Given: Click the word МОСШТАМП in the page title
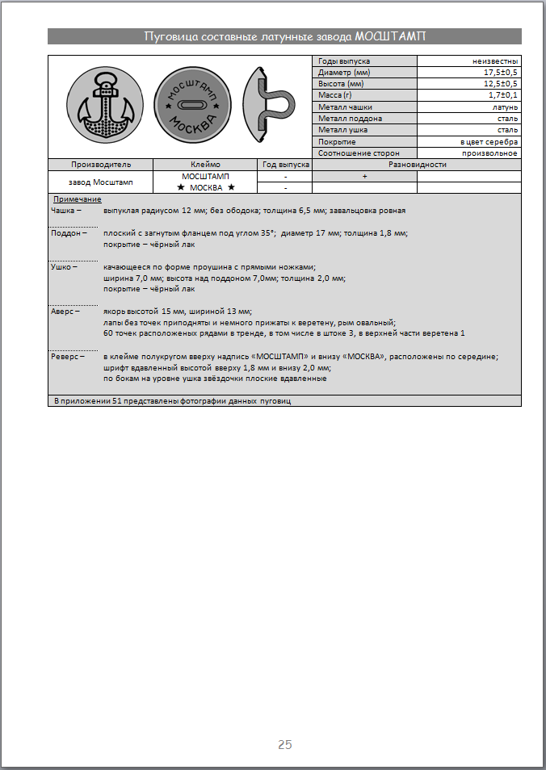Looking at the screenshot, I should click(x=390, y=36).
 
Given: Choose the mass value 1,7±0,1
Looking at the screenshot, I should click(x=502, y=95).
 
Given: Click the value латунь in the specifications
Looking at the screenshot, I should click(x=505, y=107).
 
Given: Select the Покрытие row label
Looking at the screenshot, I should click(x=338, y=141).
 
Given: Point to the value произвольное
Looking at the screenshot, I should click(x=490, y=153).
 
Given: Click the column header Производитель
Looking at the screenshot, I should click(x=100, y=164).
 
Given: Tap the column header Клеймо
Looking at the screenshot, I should click(x=205, y=164).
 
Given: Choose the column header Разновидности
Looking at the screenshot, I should click(x=417, y=164).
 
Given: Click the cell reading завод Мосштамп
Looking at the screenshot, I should click(x=100, y=182).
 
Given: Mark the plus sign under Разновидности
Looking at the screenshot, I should click(x=364, y=175).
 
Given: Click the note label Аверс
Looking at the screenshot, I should click(x=65, y=310).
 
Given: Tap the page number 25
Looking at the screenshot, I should click(x=284, y=744).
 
